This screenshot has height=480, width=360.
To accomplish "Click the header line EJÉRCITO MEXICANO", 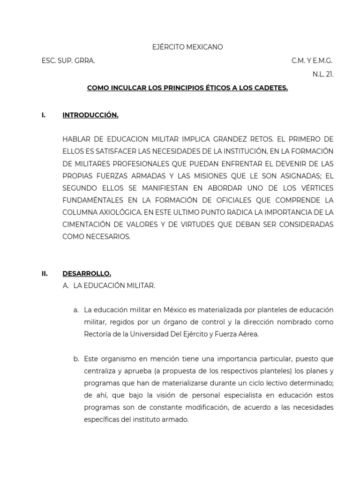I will (x=187, y=47).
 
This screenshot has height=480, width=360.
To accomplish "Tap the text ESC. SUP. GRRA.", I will (x=68, y=61).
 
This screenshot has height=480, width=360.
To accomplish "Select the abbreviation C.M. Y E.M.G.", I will (x=312, y=61).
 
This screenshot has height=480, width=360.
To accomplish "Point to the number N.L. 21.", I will (x=323, y=75).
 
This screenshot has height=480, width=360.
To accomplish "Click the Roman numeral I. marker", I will (x=44, y=115).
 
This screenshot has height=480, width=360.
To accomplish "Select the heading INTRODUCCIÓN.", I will (x=90, y=115).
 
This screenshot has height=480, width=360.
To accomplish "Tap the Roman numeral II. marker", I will (x=45, y=274).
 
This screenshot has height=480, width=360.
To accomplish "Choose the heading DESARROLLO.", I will (x=87, y=274).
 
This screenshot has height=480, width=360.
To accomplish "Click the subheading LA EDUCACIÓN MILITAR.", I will (x=114, y=285).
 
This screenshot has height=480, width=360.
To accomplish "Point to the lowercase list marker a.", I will (x=76, y=310).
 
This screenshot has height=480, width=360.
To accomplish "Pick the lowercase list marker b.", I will (x=76, y=359).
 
